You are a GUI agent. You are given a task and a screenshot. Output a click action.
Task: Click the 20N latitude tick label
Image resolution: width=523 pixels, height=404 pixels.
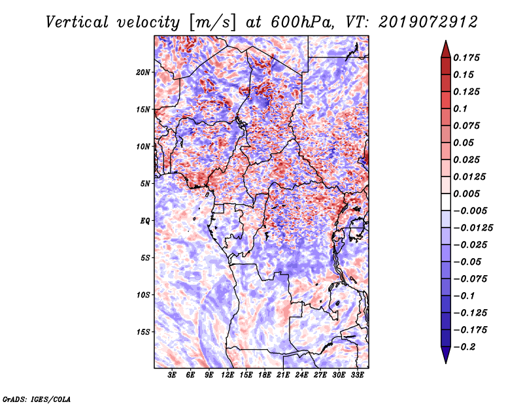(143, 72)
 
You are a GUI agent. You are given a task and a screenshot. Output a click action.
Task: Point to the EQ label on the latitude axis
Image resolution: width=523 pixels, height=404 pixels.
(145, 221)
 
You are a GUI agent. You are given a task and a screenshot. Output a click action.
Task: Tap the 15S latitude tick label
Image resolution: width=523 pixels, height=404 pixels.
(143, 332)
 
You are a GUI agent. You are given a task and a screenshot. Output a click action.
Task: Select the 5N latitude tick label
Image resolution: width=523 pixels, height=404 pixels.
(145, 184)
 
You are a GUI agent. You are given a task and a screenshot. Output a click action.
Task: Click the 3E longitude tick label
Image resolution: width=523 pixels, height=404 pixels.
(173, 375)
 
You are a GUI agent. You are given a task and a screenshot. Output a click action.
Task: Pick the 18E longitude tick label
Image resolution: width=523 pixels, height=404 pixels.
(265, 375)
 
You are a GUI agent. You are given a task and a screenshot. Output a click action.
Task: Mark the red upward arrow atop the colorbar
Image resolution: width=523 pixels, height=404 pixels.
(445, 48)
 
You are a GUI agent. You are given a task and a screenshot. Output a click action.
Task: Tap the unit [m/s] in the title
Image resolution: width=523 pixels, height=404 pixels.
(211, 22)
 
